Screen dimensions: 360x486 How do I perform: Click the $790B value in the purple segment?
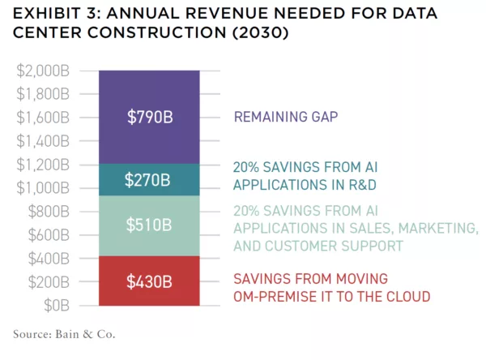pos(150,117)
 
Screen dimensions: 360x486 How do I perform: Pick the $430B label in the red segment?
pos(149,282)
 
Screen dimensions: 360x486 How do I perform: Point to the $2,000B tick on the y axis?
pos(45,71)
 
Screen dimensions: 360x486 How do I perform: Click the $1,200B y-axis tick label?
pos(45,165)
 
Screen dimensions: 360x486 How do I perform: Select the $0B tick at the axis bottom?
pos(56,306)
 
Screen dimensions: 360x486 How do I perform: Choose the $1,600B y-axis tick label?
pos(45,118)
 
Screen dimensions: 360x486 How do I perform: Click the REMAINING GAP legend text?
pos(285,117)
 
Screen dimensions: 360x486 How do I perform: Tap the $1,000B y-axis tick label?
pos(45,188)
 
